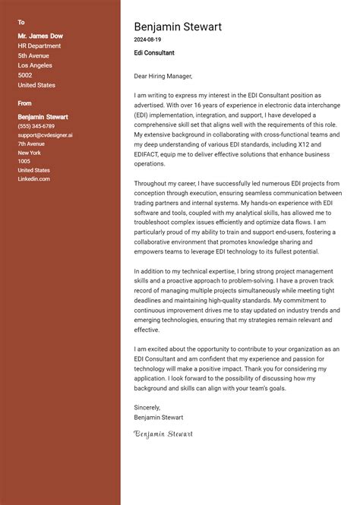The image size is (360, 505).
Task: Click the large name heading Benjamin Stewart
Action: click(x=178, y=27)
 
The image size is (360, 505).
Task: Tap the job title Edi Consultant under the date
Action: click(x=154, y=53)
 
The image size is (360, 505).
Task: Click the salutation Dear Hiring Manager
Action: click(x=163, y=76)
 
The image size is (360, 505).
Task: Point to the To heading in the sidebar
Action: click(x=21, y=22)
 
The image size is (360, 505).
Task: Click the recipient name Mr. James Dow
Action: click(x=40, y=36)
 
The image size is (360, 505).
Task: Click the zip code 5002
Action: click(x=25, y=75)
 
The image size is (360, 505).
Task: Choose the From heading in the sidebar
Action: click(x=25, y=103)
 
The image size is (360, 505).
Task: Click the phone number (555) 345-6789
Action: click(x=36, y=126)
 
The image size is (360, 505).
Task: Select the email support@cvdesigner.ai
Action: click(x=46, y=135)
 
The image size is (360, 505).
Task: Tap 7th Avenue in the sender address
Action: click(x=31, y=144)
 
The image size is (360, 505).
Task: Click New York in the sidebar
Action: click(x=29, y=153)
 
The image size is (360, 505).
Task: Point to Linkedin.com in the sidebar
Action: click(x=33, y=179)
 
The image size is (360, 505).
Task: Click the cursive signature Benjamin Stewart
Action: click(x=163, y=434)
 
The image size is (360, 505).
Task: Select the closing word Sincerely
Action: click(x=147, y=408)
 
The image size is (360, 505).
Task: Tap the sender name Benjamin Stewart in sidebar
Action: click(x=43, y=117)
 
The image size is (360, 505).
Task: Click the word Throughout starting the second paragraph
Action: click(x=151, y=184)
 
